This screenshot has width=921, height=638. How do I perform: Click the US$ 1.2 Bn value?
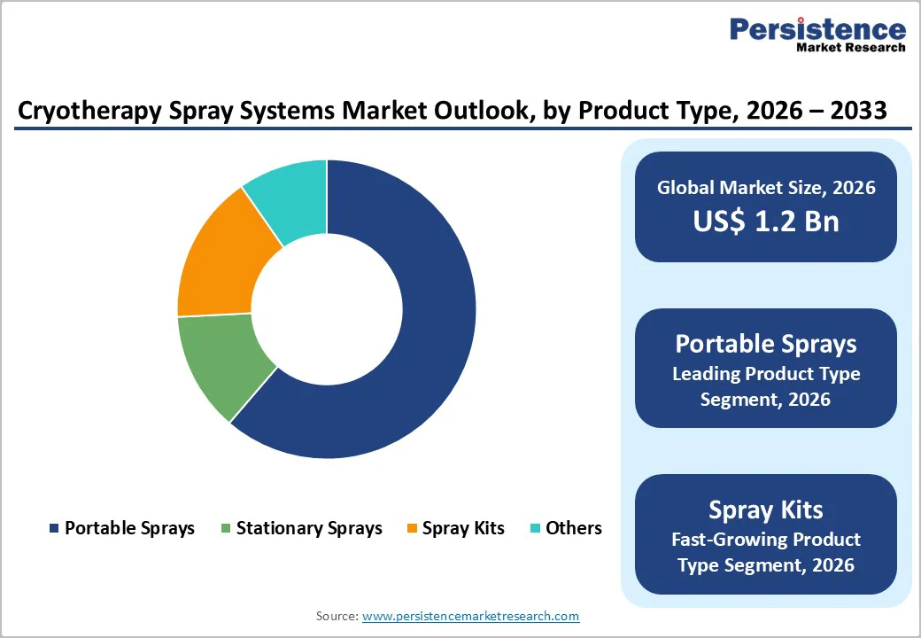point(766,221)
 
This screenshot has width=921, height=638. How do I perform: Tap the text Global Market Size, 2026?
point(766,187)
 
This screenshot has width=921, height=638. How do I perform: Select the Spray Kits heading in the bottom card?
point(766,510)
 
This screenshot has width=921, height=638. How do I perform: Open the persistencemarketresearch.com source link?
point(470,616)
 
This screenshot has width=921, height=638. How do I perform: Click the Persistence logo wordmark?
point(817,29)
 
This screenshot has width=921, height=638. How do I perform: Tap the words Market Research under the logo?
point(850,48)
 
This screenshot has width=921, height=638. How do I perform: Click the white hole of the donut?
point(327,309)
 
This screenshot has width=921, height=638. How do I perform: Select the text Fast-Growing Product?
point(766,539)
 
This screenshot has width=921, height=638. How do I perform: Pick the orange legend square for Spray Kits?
point(412,529)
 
